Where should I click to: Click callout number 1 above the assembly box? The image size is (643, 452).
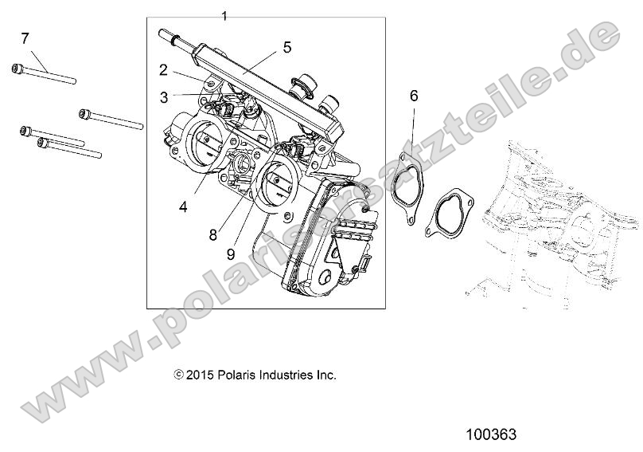click(x=224, y=16)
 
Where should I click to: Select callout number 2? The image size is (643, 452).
click(x=163, y=70)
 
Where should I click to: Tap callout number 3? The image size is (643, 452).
click(x=163, y=97)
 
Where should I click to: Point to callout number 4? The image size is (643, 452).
click(x=183, y=206)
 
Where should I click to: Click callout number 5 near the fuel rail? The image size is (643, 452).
click(x=287, y=48)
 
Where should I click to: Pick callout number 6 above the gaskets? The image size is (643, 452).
click(x=414, y=96)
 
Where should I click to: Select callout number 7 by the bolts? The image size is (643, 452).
click(x=25, y=37)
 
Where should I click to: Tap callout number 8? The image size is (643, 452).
click(x=213, y=234)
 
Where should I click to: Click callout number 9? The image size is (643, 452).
click(x=230, y=254)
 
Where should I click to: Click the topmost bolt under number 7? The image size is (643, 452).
click(x=44, y=73)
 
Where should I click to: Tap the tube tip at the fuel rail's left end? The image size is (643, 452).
click(x=166, y=35)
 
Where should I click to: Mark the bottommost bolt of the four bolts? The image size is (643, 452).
click(x=68, y=148)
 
